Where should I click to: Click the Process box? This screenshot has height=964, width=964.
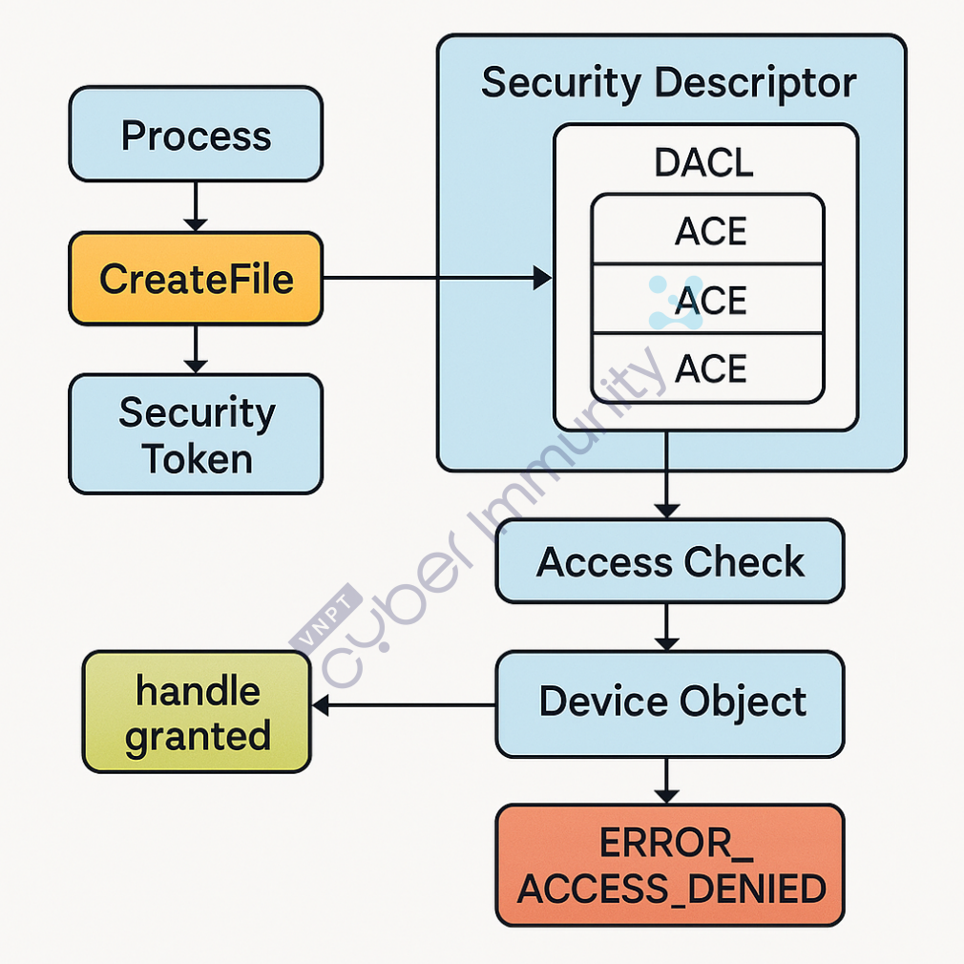[x=196, y=135]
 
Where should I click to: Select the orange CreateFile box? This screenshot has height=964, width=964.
[x=196, y=278]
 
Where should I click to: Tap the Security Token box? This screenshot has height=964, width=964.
[x=196, y=434]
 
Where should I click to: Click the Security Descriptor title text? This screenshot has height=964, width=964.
[x=669, y=83]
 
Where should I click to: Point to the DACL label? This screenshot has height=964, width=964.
[x=704, y=163]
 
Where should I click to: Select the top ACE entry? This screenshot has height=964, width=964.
[x=707, y=230]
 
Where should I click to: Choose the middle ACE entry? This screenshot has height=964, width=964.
[x=707, y=300]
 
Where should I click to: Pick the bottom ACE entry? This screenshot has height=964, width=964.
[x=707, y=368]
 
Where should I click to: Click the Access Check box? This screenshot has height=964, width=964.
[x=669, y=561]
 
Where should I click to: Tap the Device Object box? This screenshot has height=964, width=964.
[x=669, y=702]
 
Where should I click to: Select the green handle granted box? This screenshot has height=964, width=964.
[x=197, y=712]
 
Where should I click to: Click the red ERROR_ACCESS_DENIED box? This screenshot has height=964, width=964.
[x=669, y=866]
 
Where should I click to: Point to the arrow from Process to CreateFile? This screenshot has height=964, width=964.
[x=196, y=205]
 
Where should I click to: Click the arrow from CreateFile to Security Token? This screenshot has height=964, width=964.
[x=196, y=348]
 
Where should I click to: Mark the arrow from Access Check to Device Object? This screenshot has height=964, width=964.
[x=667, y=626]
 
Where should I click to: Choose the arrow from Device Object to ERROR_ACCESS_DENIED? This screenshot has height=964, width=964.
[x=667, y=780]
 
